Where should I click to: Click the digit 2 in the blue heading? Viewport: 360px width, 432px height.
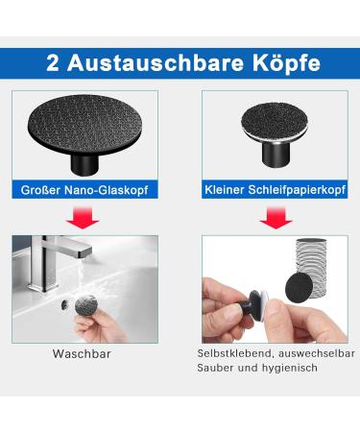(x=53, y=62)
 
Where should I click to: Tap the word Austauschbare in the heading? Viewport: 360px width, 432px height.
(x=156, y=62)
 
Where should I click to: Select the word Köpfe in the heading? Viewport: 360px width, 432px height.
(x=286, y=63)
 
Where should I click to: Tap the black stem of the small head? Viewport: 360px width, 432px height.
(x=276, y=155)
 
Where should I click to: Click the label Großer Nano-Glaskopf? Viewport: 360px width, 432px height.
(x=84, y=190)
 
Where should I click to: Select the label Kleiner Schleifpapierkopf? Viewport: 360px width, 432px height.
(x=275, y=190)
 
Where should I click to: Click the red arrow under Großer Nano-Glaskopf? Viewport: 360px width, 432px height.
(x=83, y=218)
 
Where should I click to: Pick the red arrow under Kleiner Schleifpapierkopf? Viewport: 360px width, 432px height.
(x=276, y=218)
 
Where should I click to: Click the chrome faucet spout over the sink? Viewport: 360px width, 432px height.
(x=65, y=246)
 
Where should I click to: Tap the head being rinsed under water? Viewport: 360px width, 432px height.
(x=85, y=304)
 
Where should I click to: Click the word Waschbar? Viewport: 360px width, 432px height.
(x=82, y=354)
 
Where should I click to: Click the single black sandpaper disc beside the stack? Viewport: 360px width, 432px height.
(x=299, y=286)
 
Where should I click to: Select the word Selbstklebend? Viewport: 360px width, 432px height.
(x=235, y=353)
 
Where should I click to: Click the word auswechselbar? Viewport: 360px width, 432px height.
(x=317, y=353)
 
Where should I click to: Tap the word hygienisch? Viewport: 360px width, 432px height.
(x=290, y=368)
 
